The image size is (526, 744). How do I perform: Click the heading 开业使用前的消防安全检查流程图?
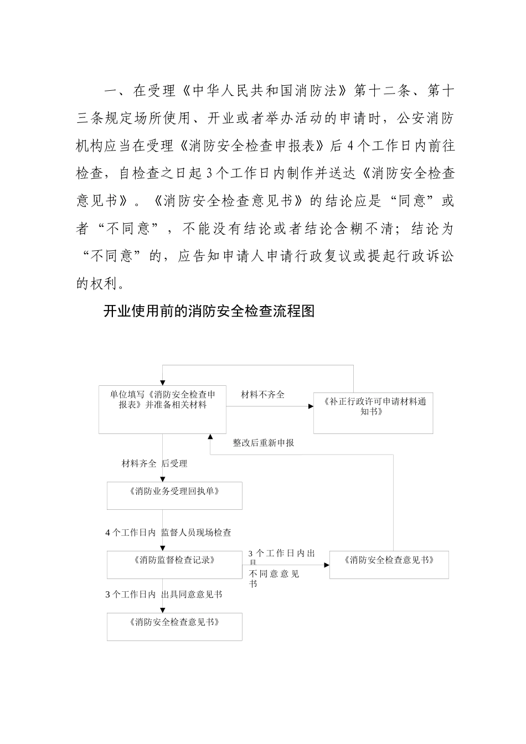pyautogui.click(x=209, y=311)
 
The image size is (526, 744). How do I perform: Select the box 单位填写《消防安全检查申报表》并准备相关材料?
pyautogui.click(x=162, y=409)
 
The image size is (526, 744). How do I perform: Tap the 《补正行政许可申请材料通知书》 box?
pyautogui.click(x=373, y=413)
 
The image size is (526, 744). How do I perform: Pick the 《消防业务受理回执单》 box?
pyautogui.click(x=174, y=495)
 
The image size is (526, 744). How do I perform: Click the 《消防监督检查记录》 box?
pyautogui.click(x=174, y=565)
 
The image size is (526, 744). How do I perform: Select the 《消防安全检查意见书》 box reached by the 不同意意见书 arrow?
pyautogui.click(x=389, y=565)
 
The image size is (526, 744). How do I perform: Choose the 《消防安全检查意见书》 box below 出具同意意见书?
pyautogui.click(x=174, y=627)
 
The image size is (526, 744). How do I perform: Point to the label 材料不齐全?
pyautogui.click(x=263, y=395)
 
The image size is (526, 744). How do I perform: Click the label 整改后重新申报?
pyautogui.click(x=264, y=443)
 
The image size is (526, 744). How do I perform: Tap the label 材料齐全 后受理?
pyautogui.click(x=154, y=463)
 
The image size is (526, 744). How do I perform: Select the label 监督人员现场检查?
pyautogui.click(x=196, y=533)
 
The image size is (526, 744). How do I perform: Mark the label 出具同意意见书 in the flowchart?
pyautogui.click(x=192, y=595)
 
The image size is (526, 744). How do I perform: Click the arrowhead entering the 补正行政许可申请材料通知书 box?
pyautogui.click(x=311, y=407)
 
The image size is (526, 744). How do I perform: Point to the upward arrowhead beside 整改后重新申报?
pyautogui.click(x=210, y=436)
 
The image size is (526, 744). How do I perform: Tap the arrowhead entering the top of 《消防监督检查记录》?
pyautogui.click(x=162, y=548)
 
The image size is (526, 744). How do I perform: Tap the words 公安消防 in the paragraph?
pyautogui.click(x=426, y=117)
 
